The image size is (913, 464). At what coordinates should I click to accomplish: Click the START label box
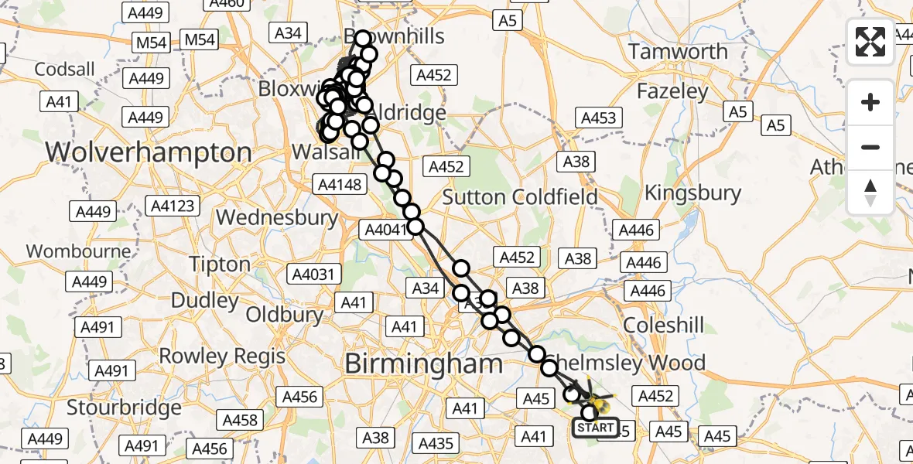click(596, 428)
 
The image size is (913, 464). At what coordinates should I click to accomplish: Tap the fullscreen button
click(870, 42)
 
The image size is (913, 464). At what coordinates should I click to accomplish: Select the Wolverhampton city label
click(149, 152)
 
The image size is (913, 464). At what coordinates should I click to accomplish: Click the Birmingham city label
click(423, 363)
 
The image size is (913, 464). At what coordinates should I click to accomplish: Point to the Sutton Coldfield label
click(520, 196)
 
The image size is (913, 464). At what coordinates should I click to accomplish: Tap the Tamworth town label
click(678, 52)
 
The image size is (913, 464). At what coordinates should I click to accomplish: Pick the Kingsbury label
click(693, 193)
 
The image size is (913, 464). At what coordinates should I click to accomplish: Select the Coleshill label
click(664, 325)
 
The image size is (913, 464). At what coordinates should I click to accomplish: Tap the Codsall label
click(65, 70)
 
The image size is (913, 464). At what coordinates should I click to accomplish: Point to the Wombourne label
click(67, 251)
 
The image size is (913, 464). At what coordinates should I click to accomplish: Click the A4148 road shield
click(339, 185)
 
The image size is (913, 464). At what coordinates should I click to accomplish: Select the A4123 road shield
click(174, 206)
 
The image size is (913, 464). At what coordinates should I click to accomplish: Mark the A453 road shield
click(598, 118)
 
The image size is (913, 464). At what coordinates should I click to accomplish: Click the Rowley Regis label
click(222, 357)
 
